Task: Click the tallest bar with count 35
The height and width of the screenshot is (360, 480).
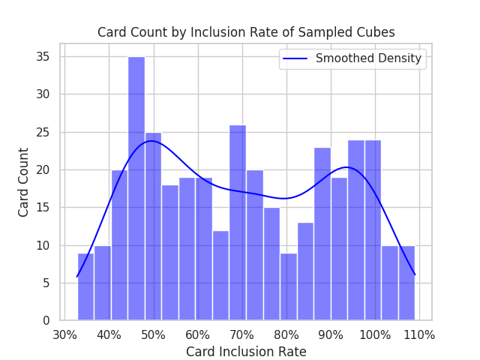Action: click(136, 188)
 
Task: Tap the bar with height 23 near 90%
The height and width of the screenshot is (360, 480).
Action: click(322, 233)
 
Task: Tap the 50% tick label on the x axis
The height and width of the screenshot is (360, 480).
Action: click(153, 334)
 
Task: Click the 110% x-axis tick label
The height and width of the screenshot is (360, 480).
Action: click(418, 334)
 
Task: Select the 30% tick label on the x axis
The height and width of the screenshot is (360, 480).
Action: click(64, 334)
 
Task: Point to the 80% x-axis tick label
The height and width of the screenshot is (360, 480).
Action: click(286, 334)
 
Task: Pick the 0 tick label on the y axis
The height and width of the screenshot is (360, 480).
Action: click(46, 320)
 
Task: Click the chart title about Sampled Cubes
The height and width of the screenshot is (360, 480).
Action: click(246, 32)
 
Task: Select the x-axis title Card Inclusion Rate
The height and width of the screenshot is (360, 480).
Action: click(246, 351)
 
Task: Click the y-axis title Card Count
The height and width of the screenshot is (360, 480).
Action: click(24, 182)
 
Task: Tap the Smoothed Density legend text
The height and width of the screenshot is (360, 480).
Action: click(368, 58)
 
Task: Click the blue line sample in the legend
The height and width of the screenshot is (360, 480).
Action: click(296, 58)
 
